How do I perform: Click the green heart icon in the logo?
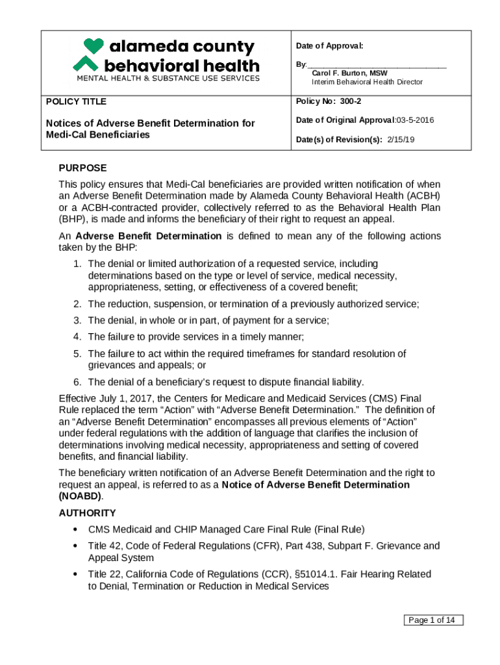(x=94, y=46)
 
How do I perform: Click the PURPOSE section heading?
(x=82, y=168)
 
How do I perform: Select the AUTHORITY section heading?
(x=87, y=513)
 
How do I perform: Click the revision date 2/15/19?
(x=401, y=139)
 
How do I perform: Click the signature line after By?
(x=377, y=66)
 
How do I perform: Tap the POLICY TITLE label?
(x=76, y=102)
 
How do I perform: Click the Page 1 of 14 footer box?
(x=434, y=620)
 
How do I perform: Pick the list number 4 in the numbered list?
(x=77, y=336)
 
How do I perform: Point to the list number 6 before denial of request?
(x=77, y=382)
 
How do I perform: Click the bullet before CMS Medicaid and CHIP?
(x=77, y=529)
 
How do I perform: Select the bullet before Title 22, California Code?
(x=77, y=574)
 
